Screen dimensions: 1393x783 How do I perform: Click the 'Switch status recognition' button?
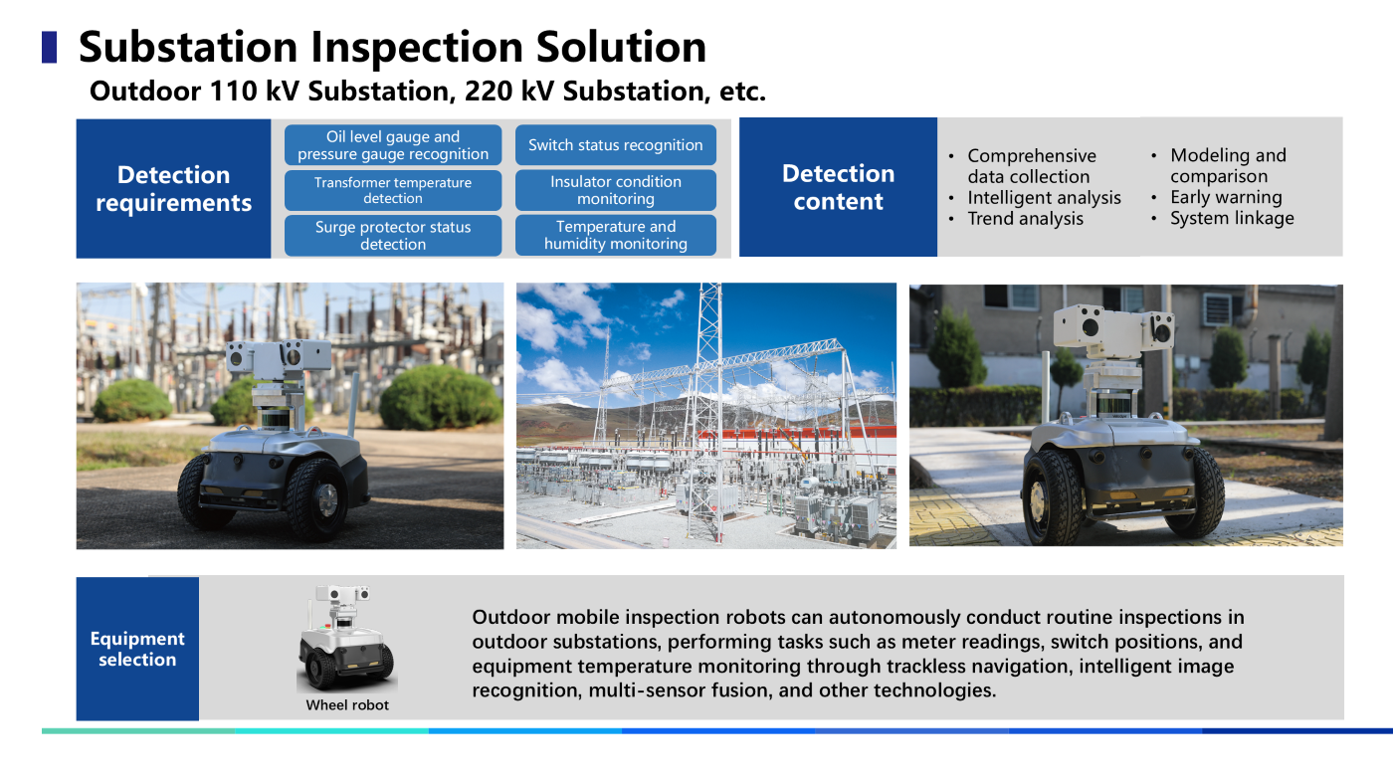click(x=616, y=145)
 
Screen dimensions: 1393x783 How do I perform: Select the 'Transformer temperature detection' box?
click(x=393, y=190)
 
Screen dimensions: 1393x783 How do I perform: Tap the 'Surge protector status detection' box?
click(x=393, y=236)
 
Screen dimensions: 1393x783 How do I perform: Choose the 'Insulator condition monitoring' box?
click(x=616, y=190)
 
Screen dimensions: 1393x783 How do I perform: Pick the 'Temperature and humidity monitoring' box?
click(x=616, y=235)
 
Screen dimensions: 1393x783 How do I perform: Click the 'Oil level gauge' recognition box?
click(x=393, y=145)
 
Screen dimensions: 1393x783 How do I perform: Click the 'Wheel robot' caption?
click(x=347, y=704)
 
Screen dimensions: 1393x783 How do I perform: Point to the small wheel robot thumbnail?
click(x=346, y=638)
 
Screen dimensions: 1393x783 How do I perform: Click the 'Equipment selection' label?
click(x=137, y=649)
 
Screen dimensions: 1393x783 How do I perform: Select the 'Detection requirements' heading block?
click(x=173, y=188)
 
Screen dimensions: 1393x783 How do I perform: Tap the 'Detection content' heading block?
click(x=838, y=187)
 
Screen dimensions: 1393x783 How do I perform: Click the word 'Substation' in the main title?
click(x=188, y=47)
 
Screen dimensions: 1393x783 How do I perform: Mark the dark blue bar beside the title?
click(x=49, y=48)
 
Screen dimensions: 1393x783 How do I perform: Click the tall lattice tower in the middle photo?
click(x=707, y=398)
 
